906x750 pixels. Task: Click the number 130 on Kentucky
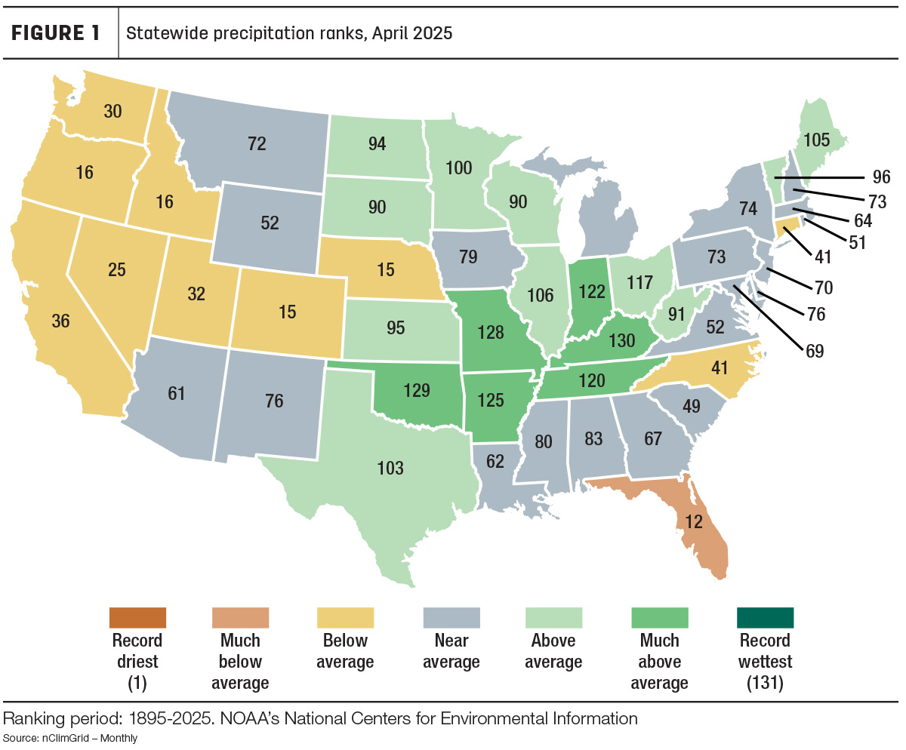[622, 341]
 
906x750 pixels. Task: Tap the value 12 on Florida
[693, 521]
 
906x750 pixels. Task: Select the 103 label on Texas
[390, 468]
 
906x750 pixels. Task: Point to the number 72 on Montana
[257, 143]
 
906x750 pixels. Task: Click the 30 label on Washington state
[112, 112]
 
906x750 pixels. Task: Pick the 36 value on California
[60, 321]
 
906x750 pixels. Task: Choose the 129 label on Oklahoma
[417, 390]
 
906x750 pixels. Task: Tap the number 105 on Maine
[817, 140]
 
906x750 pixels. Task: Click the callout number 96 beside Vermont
[882, 177]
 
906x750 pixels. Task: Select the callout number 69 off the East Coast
[815, 351]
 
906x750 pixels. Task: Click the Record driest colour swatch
[137, 618]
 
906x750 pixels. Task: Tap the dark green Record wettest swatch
[766, 618]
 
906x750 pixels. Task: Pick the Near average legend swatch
[451, 618]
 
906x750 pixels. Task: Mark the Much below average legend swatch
[240, 618]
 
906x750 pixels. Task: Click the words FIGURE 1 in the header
[56, 33]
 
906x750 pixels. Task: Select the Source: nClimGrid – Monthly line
[70, 738]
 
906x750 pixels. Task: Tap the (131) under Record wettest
[766, 683]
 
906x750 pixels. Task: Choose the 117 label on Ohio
[640, 283]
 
